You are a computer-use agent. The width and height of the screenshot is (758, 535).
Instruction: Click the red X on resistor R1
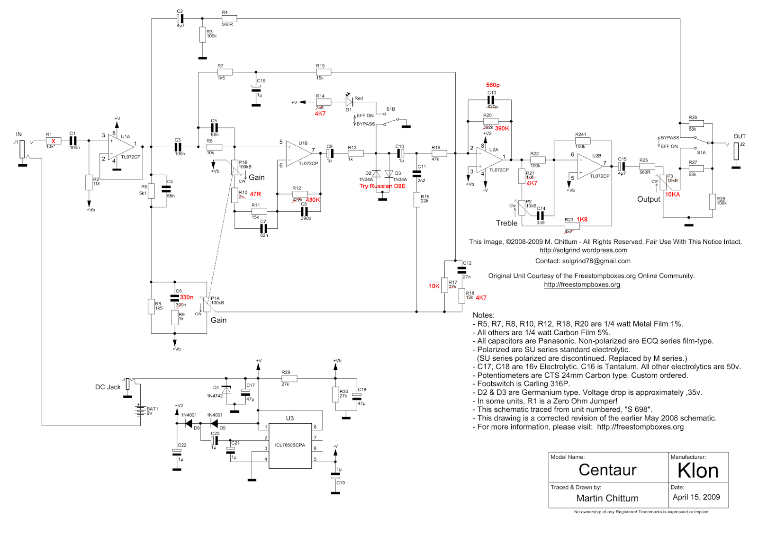pyautogui.click(x=54, y=141)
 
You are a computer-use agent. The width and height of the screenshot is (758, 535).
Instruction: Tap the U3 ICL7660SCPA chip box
pyautogui.click(x=290, y=446)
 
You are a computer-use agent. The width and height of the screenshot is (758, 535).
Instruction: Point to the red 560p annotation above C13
pyautogui.click(x=493, y=85)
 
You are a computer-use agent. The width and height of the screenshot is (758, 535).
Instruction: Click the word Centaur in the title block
pyautogui.click(x=607, y=470)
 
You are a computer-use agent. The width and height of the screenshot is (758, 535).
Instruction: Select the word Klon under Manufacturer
pyautogui.click(x=698, y=471)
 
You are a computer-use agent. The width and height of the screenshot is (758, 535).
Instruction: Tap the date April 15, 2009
pyautogui.click(x=696, y=497)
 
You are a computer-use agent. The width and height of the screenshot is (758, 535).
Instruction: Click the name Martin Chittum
pyautogui.click(x=607, y=498)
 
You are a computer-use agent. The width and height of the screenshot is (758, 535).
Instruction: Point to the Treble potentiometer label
pyautogui.click(x=506, y=223)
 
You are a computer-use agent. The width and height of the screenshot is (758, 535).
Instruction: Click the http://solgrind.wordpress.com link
pyautogui.click(x=583, y=250)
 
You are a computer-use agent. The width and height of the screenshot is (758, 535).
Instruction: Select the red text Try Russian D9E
pyautogui.click(x=382, y=186)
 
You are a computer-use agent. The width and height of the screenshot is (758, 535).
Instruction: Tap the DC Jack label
pyautogui.click(x=108, y=387)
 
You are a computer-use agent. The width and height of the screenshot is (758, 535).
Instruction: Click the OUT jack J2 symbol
pyautogui.click(x=736, y=151)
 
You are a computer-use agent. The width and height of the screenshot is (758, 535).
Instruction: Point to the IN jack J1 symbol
pyautogui.click(x=22, y=149)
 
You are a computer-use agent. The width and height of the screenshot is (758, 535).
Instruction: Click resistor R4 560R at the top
pyautogui.click(x=229, y=19)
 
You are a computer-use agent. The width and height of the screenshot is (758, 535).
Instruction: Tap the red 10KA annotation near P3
pyautogui.click(x=672, y=195)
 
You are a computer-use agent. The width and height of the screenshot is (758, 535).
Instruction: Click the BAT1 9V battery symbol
pyautogui.click(x=140, y=410)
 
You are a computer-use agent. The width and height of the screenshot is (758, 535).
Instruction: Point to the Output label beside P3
pyautogui.click(x=648, y=199)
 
